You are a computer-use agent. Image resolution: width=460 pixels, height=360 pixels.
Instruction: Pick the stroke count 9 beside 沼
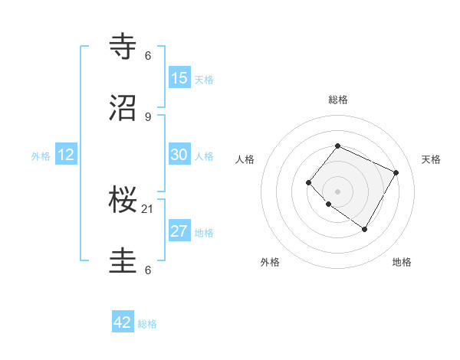148,116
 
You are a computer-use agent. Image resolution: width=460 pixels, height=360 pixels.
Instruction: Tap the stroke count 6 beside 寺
148,55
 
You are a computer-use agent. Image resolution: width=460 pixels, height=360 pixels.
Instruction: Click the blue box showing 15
179,77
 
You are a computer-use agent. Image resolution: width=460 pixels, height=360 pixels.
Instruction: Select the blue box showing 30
179,154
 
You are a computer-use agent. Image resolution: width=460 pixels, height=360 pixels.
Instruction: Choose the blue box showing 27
179,231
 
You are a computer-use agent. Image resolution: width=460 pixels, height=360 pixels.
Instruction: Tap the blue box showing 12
66,155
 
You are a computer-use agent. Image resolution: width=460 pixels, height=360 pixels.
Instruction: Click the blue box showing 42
123,322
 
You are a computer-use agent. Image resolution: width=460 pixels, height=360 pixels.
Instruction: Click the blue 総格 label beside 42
147,324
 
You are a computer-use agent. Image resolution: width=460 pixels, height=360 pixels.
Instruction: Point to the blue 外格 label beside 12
41,156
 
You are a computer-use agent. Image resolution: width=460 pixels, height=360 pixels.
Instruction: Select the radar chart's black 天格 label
432,159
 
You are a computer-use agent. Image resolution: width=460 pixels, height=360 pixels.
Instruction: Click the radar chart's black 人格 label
245,159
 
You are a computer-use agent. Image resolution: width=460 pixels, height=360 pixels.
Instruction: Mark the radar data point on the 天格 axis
396,172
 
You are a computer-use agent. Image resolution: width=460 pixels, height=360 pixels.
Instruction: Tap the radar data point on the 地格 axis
364,229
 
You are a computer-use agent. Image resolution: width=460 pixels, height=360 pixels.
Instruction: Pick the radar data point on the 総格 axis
337,146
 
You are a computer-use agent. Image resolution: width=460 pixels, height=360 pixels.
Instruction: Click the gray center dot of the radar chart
337,191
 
